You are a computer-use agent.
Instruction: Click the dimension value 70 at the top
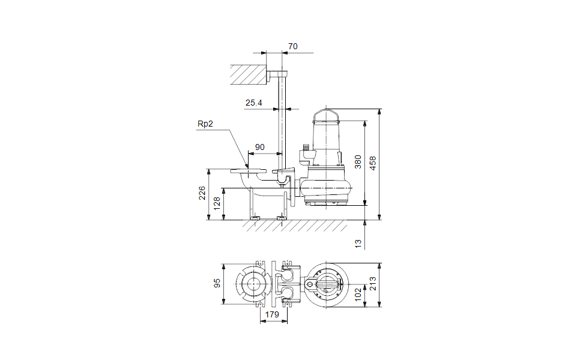click(292, 46)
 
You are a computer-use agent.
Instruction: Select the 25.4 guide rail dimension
click(254, 103)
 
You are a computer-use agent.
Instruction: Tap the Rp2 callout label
click(205, 124)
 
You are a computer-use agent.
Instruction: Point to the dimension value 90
click(260, 147)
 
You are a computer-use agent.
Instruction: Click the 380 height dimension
click(358, 162)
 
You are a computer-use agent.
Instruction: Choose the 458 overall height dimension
click(373, 163)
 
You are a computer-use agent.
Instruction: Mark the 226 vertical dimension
click(202, 193)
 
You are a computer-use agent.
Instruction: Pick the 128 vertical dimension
click(217, 203)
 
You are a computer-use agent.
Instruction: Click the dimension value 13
click(358, 244)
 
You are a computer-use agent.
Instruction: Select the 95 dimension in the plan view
click(217, 283)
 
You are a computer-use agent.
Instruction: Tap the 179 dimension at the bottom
click(272, 314)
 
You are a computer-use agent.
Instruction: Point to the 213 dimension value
click(373, 284)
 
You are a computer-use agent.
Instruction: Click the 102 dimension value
click(358, 294)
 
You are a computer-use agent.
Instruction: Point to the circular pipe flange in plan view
click(253, 284)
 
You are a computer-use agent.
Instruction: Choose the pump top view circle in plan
click(327, 285)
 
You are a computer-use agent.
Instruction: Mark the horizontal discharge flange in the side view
click(249, 172)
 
